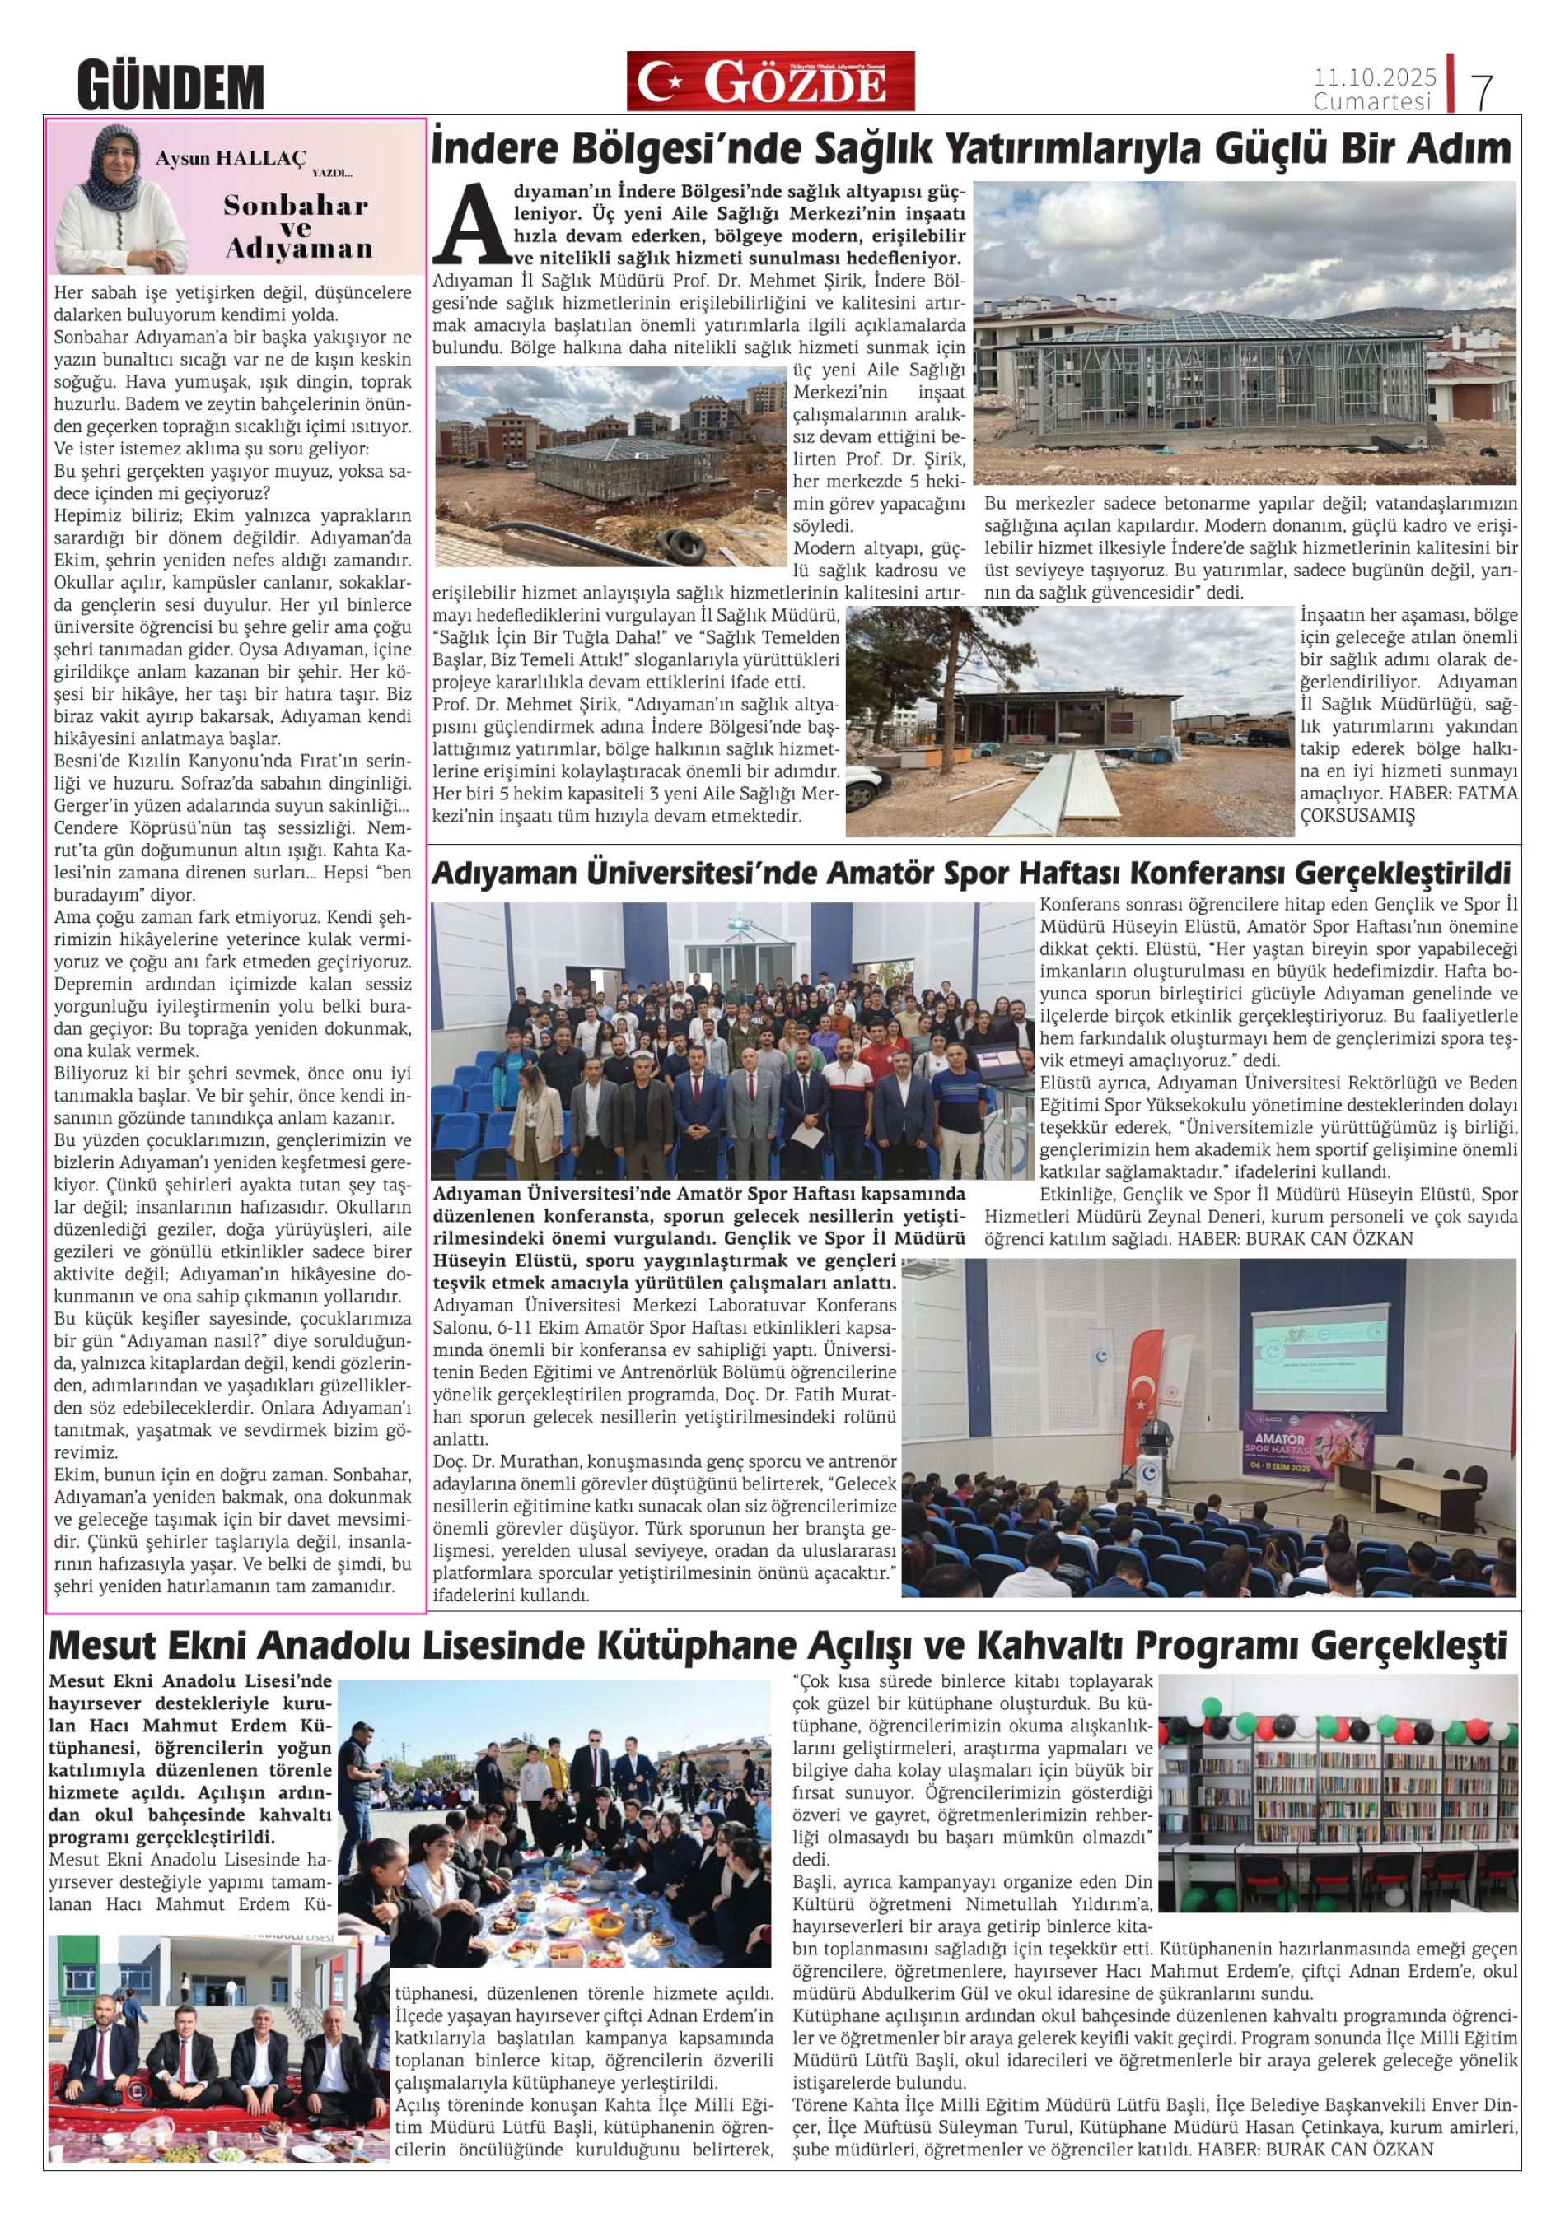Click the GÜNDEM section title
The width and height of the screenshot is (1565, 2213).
coord(171,86)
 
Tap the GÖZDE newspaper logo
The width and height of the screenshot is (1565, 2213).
coord(770,82)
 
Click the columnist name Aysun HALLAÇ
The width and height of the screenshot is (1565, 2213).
coord(231,160)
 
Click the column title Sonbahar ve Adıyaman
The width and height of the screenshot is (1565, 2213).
coord(297,226)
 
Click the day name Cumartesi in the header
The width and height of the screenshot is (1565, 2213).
coord(1373,101)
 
